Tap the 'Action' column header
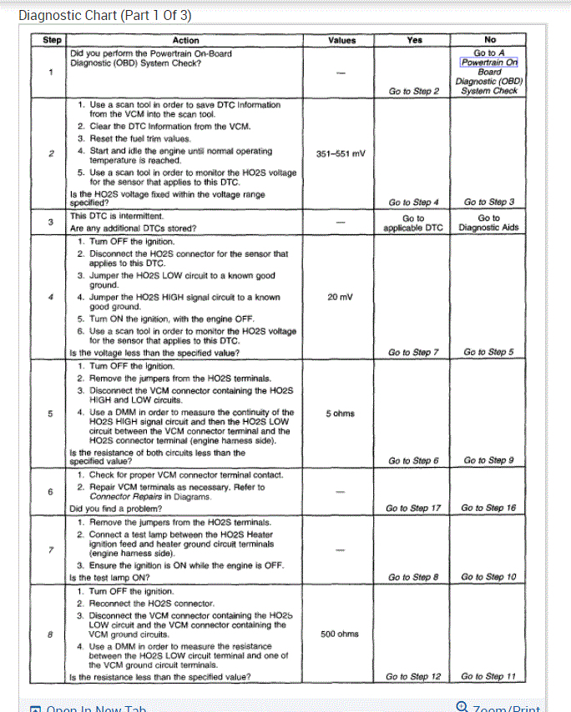pyautogui.click(x=185, y=40)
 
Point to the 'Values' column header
pyautogui.click(x=341, y=40)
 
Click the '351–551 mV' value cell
pyautogui.click(x=341, y=153)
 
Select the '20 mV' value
pyautogui.click(x=341, y=297)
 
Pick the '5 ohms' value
pyautogui.click(x=341, y=414)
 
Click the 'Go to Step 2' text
pyautogui.click(x=413, y=91)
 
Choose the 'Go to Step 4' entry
pyautogui.click(x=413, y=202)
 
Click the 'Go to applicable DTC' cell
pyautogui.click(x=413, y=222)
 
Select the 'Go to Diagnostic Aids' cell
pyautogui.click(x=489, y=222)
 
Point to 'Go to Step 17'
pyautogui.click(x=413, y=508)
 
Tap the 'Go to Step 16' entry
pyautogui.click(x=489, y=508)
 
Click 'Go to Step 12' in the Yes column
pyautogui.click(x=413, y=676)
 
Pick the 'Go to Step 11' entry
pyautogui.click(x=489, y=676)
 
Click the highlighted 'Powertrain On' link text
pyautogui.click(x=489, y=62)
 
